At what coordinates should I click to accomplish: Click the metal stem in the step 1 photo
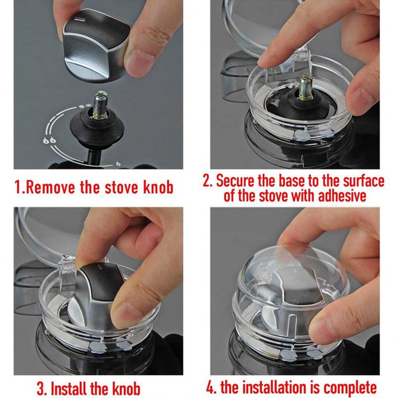tap(99, 105)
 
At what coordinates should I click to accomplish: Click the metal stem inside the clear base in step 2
tap(306, 88)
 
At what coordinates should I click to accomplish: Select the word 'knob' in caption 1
tap(158, 187)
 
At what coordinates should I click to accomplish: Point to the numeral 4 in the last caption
tap(210, 387)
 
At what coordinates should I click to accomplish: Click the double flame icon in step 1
tap(49, 140)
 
